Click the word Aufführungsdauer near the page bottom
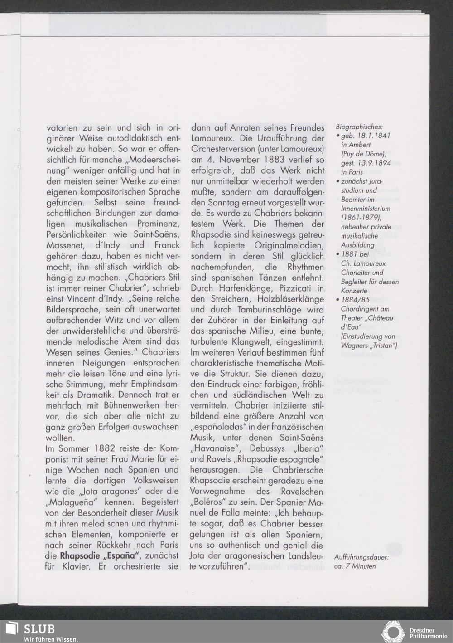pos(361,557)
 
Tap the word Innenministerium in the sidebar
pos(366,209)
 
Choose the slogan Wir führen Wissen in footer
pos(51,639)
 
